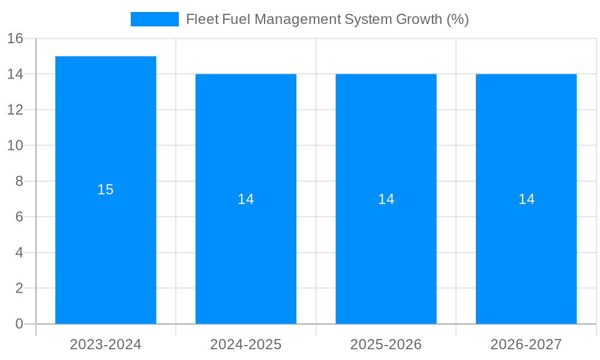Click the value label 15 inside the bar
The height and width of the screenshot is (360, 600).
pos(106,190)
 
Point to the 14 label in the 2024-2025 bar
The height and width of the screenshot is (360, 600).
pos(246,199)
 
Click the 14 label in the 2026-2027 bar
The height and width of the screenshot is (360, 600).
pos(526,199)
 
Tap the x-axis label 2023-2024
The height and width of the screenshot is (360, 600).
pos(106,344)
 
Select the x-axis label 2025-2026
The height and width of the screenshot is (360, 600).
pos(386,344)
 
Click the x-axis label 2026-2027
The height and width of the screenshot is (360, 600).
pos(526,344)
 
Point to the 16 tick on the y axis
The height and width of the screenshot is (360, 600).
pos(15,39)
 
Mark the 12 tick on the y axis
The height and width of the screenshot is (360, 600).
pos(15,110)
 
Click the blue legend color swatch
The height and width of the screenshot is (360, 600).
pos(155,19)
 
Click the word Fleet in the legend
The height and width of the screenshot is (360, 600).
pos(202,19)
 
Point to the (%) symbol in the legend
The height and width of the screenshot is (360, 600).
pos(458,19)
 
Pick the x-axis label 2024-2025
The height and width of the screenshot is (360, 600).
pos(246,344)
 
